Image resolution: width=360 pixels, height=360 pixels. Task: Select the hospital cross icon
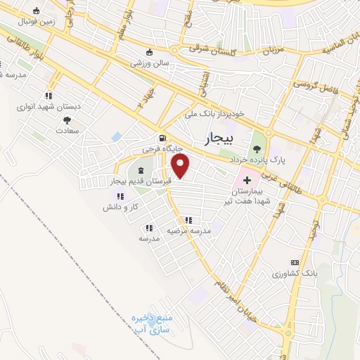tap(247, 181)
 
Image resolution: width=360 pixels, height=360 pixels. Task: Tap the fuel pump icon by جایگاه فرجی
tap(163, 139)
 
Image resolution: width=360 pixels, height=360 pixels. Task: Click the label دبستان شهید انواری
tap(49, 107)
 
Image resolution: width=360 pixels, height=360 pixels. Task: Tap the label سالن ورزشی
tap(149, 63)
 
